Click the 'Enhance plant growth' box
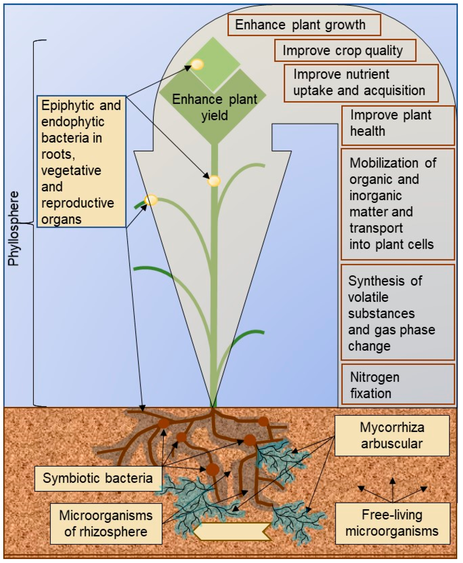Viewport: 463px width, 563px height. [x=304, y=25]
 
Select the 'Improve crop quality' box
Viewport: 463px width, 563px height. [x=345, y=51]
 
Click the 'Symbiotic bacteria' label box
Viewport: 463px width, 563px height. [x=98, y=478]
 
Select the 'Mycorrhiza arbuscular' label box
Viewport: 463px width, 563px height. [x=392, y=435]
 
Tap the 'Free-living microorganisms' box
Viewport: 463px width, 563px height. [x=392, y=523]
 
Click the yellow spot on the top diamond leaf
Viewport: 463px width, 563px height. [x=197, y=65]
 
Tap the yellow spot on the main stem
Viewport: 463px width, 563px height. [x=214, y=181]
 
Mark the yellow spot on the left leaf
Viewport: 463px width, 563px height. [x=151, y=200]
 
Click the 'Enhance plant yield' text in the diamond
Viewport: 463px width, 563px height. [x=215, y=107]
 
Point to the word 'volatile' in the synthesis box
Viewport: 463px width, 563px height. [x=368, y=297]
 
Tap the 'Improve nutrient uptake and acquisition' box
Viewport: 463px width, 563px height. [x=361, y=83]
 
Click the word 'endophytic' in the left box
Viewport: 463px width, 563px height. [x=73, y=122]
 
